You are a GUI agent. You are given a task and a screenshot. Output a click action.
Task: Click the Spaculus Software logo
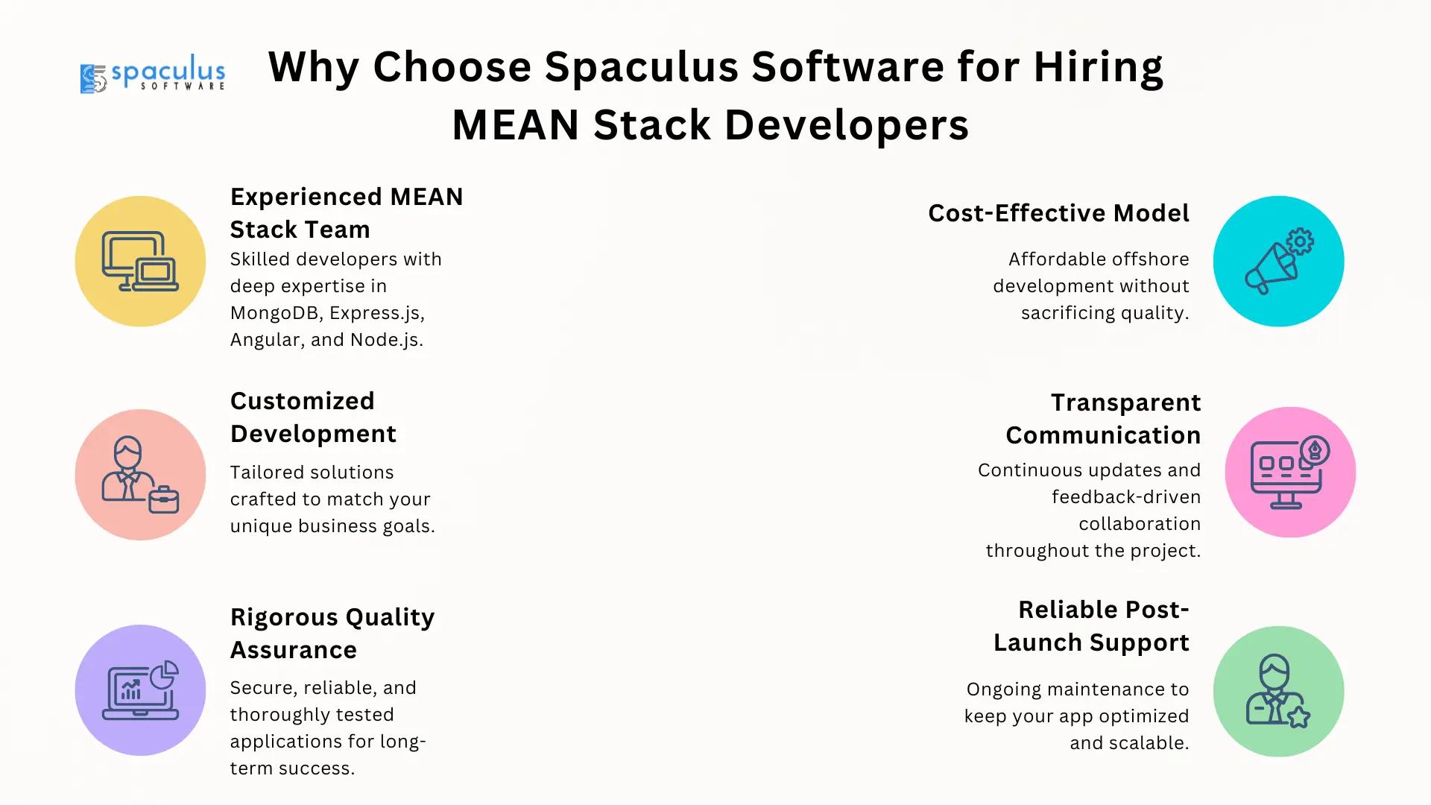click(x=153, y=73)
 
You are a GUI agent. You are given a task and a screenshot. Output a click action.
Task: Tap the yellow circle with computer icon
click(x=140, y=262)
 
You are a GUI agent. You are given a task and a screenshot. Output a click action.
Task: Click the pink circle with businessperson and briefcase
click(x=140, y=475)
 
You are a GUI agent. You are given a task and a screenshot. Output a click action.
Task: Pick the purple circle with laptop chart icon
click(x=140, y=690)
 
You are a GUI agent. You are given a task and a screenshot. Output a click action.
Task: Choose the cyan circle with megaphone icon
click(x=1278, y=262)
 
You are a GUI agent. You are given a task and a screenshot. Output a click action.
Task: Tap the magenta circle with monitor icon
click(x=1290, y=473)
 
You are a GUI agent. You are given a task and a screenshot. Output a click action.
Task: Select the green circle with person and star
click(x=1278, y=692)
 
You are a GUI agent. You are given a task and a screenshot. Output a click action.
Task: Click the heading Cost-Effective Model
click(x=1058, y=213)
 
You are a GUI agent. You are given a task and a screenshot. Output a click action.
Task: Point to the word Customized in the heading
click(x=303, y=401)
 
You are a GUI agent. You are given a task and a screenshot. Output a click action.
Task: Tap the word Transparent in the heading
click(x=1125, y=402)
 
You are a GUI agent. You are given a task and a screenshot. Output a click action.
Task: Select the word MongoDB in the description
click(x=277, y=313)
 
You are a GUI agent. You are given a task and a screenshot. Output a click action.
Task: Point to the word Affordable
click(x=1058, y=259)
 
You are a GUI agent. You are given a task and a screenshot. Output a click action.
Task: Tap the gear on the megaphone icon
click(x=1300, y=241)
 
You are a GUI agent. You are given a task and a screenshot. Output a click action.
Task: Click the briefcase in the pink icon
click(x=164, y=499)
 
